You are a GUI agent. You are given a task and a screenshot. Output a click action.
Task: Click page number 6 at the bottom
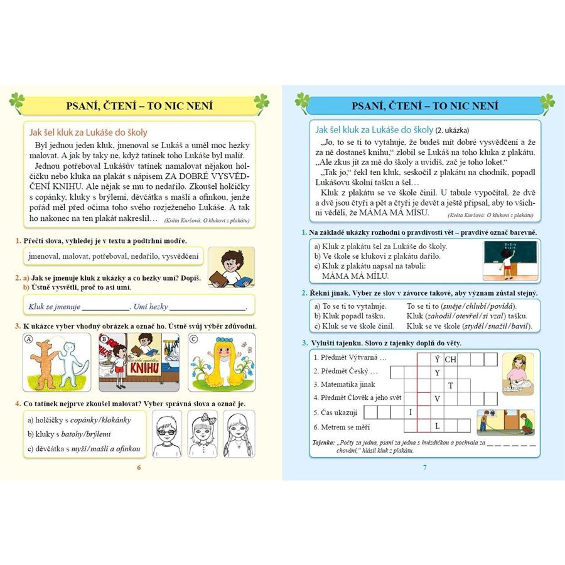point(139,468)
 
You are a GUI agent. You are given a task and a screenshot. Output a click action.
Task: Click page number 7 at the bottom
point(425,468)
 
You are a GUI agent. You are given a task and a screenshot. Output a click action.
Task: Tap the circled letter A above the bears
point(28,340)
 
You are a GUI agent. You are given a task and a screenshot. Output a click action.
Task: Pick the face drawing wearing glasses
point(166,434)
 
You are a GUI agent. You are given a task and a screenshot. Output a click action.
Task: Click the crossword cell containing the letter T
point(450,385)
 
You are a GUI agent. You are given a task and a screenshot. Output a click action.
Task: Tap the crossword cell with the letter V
point(437,399)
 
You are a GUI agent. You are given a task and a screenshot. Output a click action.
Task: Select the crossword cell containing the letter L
point(437,426)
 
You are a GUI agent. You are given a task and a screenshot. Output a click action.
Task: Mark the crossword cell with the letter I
point(410,412)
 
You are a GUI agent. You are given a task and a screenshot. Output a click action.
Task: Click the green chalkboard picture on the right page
point(510,260)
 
